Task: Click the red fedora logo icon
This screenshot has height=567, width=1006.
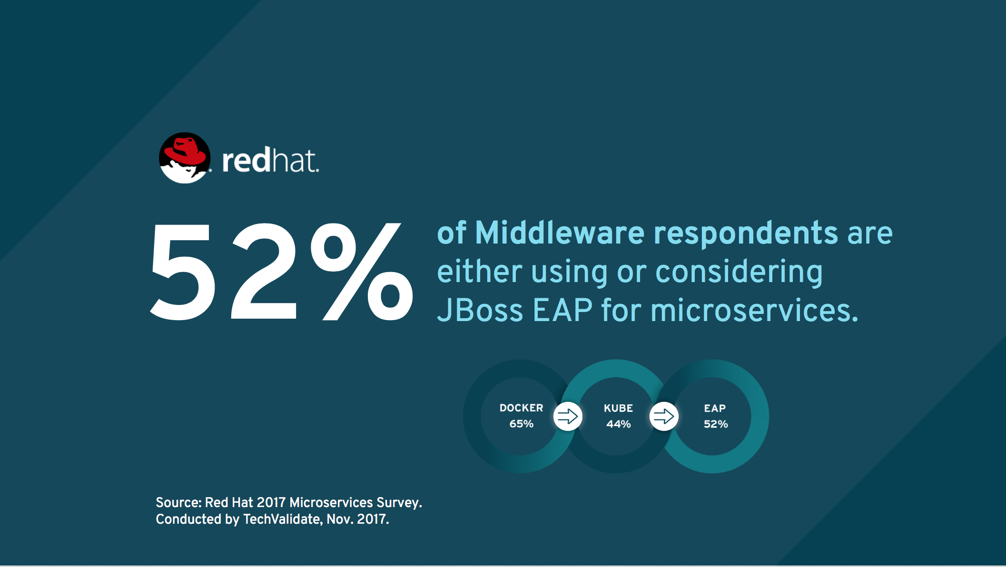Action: [185, 158]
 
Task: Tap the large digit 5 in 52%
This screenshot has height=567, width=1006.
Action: [181, 272]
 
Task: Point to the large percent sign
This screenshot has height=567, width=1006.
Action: [362, 272]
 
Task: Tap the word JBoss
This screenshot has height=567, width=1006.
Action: [480, 310]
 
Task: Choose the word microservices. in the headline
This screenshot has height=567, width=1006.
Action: [754, 310]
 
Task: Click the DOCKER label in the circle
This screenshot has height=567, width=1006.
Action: [521, 408]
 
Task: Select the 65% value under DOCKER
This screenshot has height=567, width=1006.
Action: [521, 423]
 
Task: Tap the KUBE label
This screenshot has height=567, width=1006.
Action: [618, 408]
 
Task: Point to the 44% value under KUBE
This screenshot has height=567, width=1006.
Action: [618, 424]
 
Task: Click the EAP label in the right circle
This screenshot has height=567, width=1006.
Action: [715, 408]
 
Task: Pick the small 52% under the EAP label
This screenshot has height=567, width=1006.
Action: [716, 424]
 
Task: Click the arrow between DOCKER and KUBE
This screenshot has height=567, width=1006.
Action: [568, 416]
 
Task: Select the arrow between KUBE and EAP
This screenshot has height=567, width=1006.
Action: [664, 416]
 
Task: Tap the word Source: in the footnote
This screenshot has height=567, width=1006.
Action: [179, 502]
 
